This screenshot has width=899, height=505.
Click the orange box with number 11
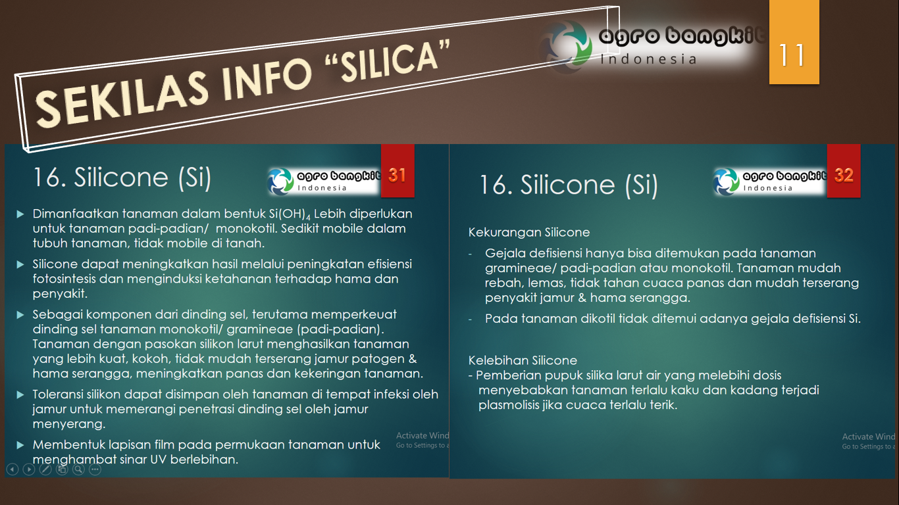pyautogui.click(x=794, y=43)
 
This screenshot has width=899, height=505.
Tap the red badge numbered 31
pyautogui.click(x=397, y=175)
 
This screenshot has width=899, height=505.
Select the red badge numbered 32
pyautogui.click(x=843, y=175)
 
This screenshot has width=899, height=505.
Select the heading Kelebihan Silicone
pyautogui.click(x=523, y=360)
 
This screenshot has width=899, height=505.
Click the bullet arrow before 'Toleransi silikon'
pyautogui.click(x=20, y=395)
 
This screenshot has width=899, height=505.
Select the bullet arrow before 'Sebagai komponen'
pyautogui.click(x=20, y=315)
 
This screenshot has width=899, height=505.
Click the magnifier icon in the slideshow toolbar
pyautogui.click(x=78, y=469)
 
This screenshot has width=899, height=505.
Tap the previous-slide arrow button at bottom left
pyautogui.click(x=12, y=469)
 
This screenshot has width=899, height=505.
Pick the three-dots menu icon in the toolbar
pyautogui.click(x=95, y=469)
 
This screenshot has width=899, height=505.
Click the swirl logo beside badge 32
pyautogui.click(x=727, y=181)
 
